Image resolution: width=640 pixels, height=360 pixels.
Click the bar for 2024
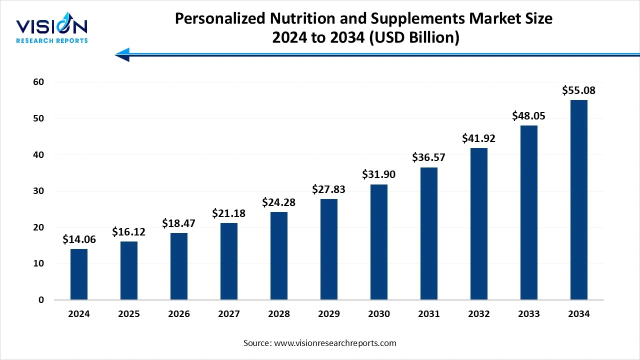coord(79,274)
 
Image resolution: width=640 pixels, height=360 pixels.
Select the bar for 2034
coord(579,200)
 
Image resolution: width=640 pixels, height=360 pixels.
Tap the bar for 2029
coord(329,249)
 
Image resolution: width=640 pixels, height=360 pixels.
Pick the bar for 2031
coord(429,233)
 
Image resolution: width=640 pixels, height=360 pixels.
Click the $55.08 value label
coord(579,90)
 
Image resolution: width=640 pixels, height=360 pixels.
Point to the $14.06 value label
coord(79,239)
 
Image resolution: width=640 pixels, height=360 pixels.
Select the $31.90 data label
coord(379,174)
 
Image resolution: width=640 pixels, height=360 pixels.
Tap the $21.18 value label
coord(229,213)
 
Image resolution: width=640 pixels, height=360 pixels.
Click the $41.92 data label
coord(479,138)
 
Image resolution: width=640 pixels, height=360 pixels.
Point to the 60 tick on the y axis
coord(38,82)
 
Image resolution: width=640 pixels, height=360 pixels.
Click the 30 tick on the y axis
coord(38,191)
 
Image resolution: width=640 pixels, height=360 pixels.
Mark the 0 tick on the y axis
coord(41,300)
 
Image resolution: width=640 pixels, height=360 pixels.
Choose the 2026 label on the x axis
coord(179,314)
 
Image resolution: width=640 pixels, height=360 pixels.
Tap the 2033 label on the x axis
coord(529,314)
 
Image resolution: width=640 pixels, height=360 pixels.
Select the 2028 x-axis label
coord(279,314)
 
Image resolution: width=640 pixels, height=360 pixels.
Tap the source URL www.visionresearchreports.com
coord(335,343)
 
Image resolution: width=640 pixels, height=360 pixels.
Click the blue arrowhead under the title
coord(123,54)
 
